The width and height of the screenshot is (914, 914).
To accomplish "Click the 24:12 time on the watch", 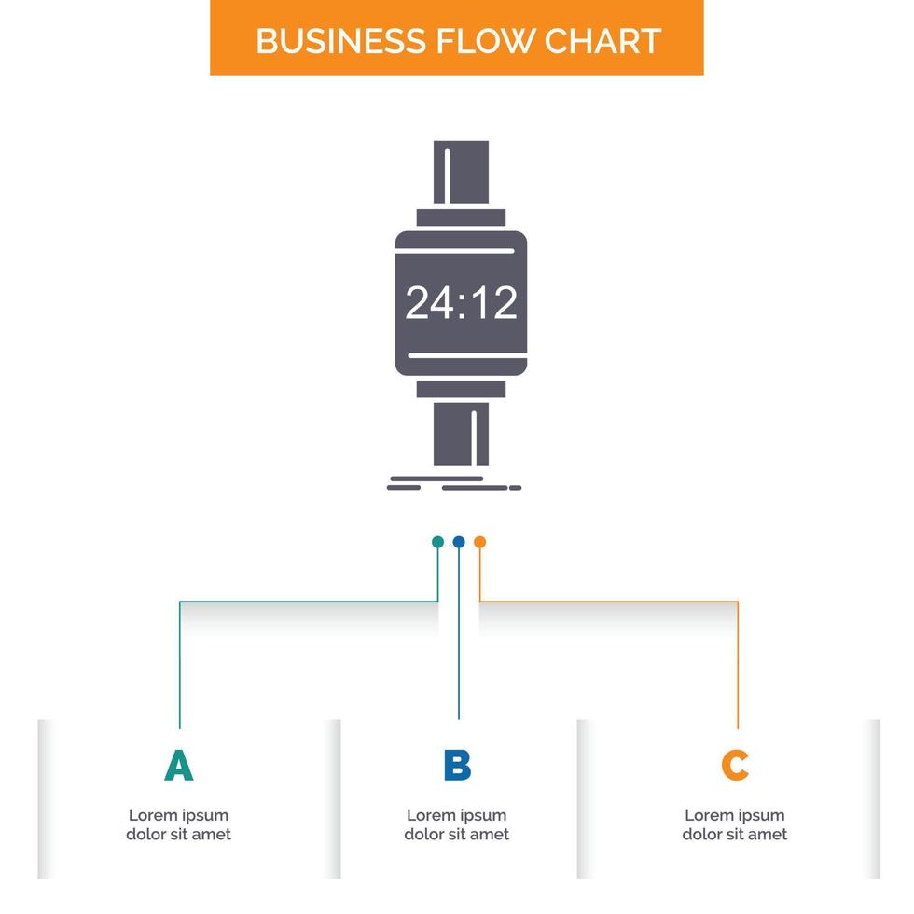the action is coord(461,303).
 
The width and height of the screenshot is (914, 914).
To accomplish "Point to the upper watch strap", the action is coord(461,173).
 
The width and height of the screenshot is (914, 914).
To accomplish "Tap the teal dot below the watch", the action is coord(437,542).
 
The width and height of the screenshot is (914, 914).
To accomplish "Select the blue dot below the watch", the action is coord(458,542).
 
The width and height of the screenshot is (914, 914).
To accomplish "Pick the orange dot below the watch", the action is coord(479,542).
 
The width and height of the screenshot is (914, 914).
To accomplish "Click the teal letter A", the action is coord(178,765).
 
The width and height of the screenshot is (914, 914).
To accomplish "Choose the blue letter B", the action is coord(457,765).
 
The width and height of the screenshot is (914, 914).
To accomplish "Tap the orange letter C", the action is coord(735,765).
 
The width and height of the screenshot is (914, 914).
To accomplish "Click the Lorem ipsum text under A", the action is coord(178,824).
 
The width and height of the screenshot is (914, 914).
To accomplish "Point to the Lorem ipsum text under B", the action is coord(457,824).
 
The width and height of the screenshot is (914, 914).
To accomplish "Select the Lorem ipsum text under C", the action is coord(735,824).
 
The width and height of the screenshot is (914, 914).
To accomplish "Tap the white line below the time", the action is coord(461,355).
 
